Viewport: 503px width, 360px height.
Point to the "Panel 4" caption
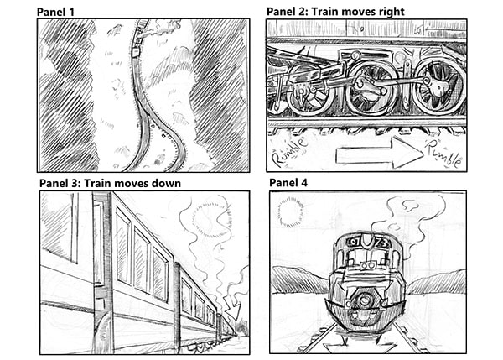290,183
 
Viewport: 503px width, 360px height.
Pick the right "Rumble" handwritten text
444,154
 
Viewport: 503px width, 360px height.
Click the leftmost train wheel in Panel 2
305,87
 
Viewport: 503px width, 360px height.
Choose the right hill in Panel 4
436,282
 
